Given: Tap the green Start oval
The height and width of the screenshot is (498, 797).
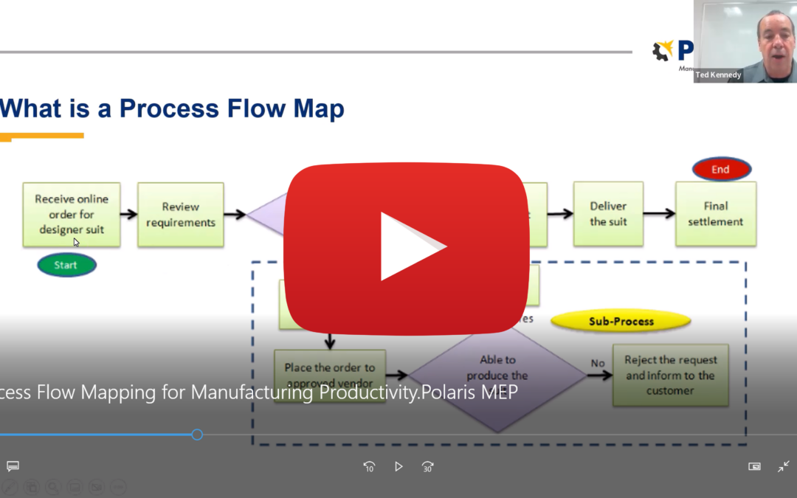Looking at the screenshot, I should pyautogui.click(x=66, y=265).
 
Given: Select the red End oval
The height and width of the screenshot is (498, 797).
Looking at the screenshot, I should pyautogui.click(x=721, y=169).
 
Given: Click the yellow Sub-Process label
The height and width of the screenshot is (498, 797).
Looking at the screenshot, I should pyautogui.click(x=621, y=321).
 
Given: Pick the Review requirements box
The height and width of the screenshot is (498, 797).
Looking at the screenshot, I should pyautogui.click(x=180, y=215).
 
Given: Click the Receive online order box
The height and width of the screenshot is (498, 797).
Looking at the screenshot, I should pyautogui.click(x=71, y=214).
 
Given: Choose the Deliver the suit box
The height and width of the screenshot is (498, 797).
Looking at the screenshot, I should pyautogui.click(x=608, y=214).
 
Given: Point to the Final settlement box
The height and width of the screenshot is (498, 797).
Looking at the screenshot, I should pyautogui.click(x=715, y=214).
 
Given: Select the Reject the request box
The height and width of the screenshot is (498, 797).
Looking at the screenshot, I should pyautogui.click(x=670, y=375).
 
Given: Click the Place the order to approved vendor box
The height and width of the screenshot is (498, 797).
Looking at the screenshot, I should pyautogui.click(x=330, y=375).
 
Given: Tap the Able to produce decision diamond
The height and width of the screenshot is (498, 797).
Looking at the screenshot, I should pyautogui.click(x=498, y=376).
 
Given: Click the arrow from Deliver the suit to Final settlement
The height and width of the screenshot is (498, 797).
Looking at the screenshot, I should pyautogui.click(x=659, y=214).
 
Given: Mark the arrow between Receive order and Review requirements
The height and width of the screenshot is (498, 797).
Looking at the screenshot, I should pyautogui.click(x=128, y=215).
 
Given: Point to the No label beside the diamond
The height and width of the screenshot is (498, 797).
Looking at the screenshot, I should pyautogui.click(x=597, y=363).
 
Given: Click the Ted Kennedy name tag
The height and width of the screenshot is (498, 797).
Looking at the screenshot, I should pyautogui.click(x=718, y=75).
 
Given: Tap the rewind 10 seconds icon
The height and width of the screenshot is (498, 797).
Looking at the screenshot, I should pyautogui.click(x=369, y=466).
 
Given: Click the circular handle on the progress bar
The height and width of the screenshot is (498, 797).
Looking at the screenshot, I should pyautogui.click(x=197, y=435).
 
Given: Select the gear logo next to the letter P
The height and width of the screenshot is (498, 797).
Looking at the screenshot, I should pyautogui.click(x=663, y=51).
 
